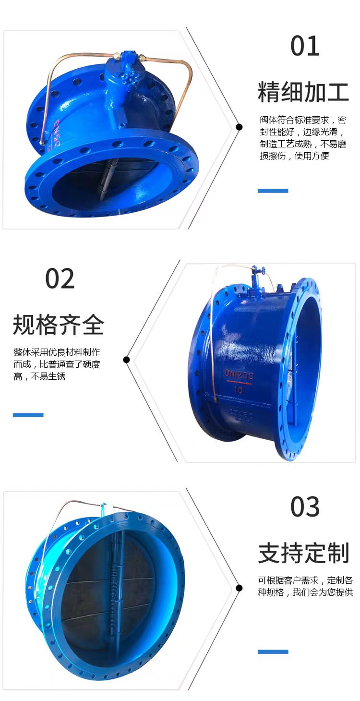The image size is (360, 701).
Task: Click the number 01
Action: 305,46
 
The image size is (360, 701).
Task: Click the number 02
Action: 60,278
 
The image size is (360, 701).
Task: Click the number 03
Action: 305,507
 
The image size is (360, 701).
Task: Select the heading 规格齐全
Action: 58,325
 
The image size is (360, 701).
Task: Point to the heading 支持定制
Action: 303,553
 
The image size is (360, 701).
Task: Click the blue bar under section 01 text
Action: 273,191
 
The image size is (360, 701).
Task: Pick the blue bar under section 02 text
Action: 28,415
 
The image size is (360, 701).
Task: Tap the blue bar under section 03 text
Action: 273,652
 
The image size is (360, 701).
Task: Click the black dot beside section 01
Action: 239,127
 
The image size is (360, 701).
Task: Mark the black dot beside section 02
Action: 126,360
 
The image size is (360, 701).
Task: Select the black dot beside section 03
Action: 239,588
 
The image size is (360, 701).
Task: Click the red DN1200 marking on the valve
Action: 239,375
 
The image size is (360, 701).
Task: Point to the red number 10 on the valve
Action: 239,389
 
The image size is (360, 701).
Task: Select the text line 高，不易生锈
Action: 39,376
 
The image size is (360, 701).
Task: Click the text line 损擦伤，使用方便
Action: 294,156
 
